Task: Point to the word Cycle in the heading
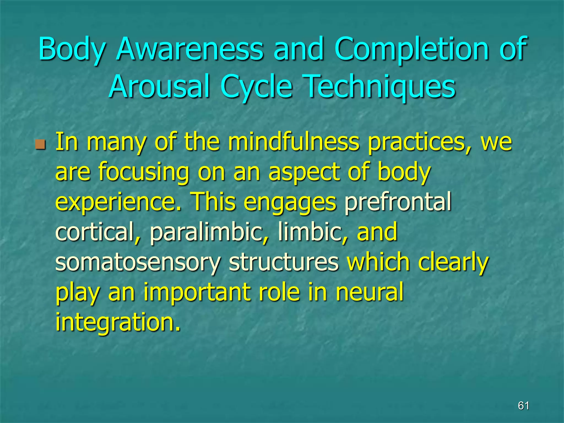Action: [x=256, y=87]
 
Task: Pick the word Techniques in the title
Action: [x=380, y=87]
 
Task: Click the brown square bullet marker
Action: [x=40, y=144]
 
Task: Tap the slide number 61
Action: [x=524, y=406]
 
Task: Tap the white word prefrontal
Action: [x=398, y=202]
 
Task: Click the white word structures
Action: [x=284, y=262]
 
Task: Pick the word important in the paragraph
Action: [x=197, y=292]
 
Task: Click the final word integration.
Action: [x=118, y=322]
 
